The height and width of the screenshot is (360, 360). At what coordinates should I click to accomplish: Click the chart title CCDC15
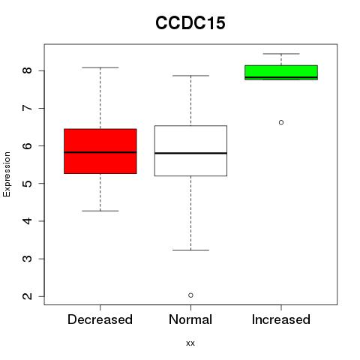tap(190, 22)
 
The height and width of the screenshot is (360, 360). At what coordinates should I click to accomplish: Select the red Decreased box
tap(100, 151)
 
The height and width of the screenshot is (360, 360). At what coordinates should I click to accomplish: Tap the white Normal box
tap(190, 151)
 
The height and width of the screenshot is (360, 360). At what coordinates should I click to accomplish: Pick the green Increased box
tap(281, 73)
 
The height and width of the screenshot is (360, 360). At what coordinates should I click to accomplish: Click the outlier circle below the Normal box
tap(190, 295)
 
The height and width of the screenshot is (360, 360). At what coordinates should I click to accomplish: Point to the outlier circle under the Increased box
tap(281, 122)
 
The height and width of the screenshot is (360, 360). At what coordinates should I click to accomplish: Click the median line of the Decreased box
tap(100, 152)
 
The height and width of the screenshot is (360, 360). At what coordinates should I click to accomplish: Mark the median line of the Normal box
tap(190, 153)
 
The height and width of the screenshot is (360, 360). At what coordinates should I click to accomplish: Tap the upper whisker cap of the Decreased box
tap(100, 67)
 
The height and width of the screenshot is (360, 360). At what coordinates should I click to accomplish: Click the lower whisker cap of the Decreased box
tap(100, 211)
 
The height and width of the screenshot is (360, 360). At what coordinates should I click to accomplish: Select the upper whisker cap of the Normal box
tap(190, 76)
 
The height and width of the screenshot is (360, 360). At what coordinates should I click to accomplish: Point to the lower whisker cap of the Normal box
tap(190, 250)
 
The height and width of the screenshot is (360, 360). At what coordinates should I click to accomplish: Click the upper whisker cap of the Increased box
tap(281, 54)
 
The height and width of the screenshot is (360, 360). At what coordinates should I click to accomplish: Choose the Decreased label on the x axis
tap(100, 319)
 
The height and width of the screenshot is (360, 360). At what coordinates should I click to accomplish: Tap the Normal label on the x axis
tap(190, 319)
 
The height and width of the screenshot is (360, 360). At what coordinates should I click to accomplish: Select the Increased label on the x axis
tap(281, 319)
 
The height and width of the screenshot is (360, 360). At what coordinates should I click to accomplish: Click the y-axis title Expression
tap(7, 174)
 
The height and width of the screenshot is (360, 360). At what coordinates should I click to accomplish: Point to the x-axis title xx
tap(190, 343)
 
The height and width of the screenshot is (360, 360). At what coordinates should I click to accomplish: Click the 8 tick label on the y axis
tap(27, 70)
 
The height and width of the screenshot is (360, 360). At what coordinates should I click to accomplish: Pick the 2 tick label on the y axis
tap(27, 296)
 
